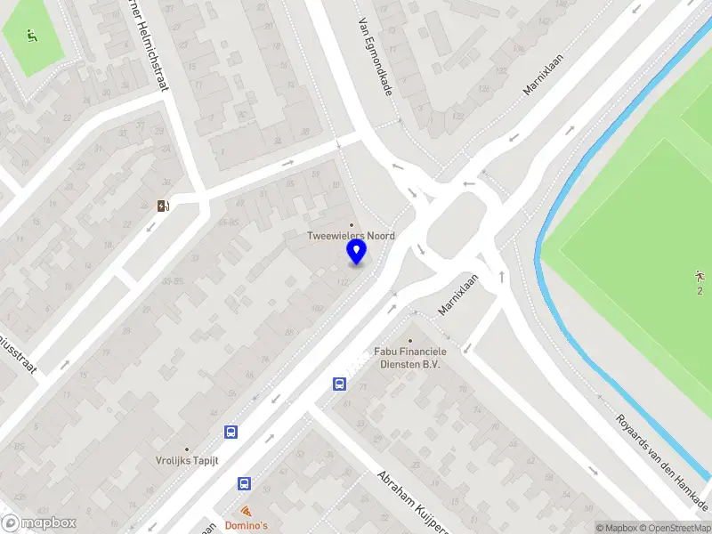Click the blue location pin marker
point(356,253)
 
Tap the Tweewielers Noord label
point(351,236)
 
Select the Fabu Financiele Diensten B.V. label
point(409,358)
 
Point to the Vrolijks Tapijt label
point(187,461)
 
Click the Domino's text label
point(247,526)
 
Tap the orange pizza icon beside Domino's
point(247,512)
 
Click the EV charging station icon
point(164,206)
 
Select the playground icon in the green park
point(33,36)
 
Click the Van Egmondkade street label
point(376,60)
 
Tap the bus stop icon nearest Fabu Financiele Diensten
point(339,384)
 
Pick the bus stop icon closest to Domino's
point(244,483)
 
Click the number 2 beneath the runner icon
point(700,291)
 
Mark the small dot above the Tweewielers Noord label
point(351,224)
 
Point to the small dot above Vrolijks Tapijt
point(187,449)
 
